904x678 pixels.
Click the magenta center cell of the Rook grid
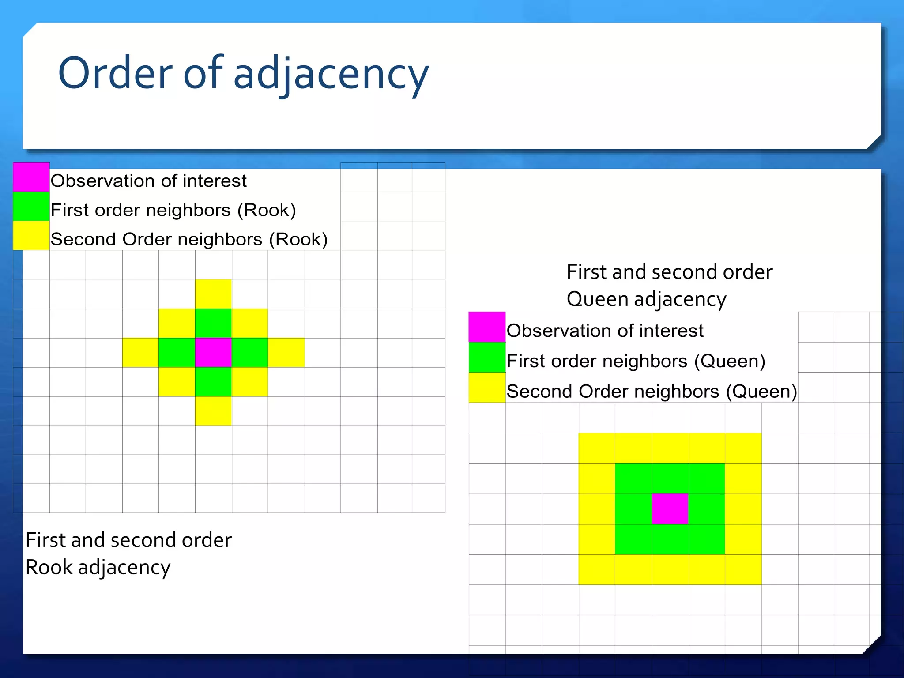213,353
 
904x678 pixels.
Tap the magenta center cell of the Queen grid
670,509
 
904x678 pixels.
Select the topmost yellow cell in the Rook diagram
213,294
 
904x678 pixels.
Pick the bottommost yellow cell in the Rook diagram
213,411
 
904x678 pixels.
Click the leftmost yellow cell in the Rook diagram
140,353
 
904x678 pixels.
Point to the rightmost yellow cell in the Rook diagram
286,353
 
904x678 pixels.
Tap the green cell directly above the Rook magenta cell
213,324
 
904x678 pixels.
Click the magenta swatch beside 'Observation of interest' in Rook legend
31,177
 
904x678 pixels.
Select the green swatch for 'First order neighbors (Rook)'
31,206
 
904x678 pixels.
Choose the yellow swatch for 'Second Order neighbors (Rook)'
31,235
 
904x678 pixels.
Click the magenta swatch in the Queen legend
487,327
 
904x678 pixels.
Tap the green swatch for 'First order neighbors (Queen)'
487,358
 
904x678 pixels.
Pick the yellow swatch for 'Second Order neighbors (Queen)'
487,388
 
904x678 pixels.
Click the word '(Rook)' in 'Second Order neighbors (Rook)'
298,239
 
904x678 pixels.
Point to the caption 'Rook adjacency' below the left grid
98,567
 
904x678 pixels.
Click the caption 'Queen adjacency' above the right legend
646,299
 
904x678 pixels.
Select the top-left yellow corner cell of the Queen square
597,448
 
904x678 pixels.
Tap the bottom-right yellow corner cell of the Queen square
743,570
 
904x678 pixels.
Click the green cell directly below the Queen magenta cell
670,539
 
